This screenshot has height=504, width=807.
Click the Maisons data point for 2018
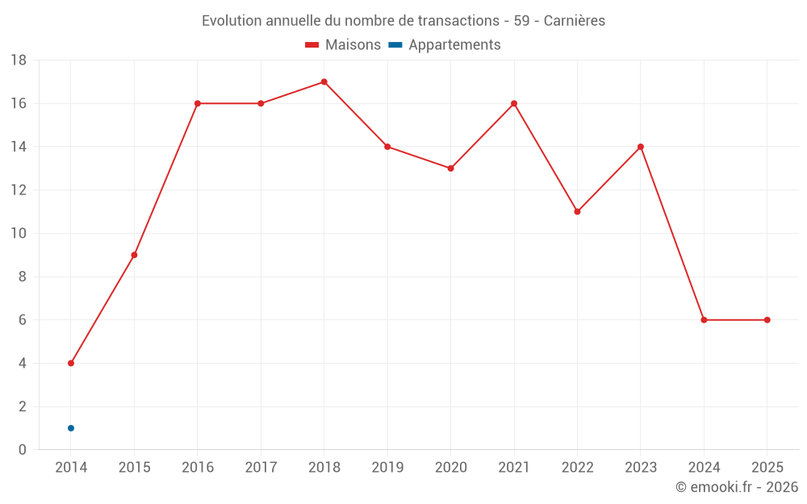pyautogui.click(x=324, y=81)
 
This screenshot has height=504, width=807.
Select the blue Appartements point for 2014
pyautogui.click(x=71, y=428)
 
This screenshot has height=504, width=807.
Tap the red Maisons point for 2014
pyautogui.click(x=71, y=363)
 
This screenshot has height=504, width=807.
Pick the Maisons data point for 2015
pyautogui.click(x=134, y=255)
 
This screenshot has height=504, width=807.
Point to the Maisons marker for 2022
pyautogui.click(x=577, y=211)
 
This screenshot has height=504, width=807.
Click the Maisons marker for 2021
pyautogui.click(x=514, y=103)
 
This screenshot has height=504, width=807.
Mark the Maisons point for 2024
pyautogui.click(x=704, y=320)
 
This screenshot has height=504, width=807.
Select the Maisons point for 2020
pyautogui.click(x=450, y=169)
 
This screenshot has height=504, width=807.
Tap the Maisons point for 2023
pyautogui.click(x=641, y=147)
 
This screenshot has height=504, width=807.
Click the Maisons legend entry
pyautogui.click(x=343, y=45)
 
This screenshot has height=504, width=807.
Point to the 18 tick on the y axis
pyautogui.click(x=19, y=60)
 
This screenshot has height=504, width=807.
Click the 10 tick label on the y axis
pyautogui.click(x=19, y=234)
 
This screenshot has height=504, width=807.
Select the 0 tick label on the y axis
pyautogui.click(x=23, y=450)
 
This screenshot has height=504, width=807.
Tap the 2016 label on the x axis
pyautogui.click(x=198, y=468)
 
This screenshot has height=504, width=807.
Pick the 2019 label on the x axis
pyautogui.click(x=387, y=468)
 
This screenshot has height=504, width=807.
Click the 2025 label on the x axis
pyautogui.click(x=767, y=468)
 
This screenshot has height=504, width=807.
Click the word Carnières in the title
pyautogui.click(x=574, y=21)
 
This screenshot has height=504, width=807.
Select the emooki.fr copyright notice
pyautogui.click(x=736, y=487)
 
